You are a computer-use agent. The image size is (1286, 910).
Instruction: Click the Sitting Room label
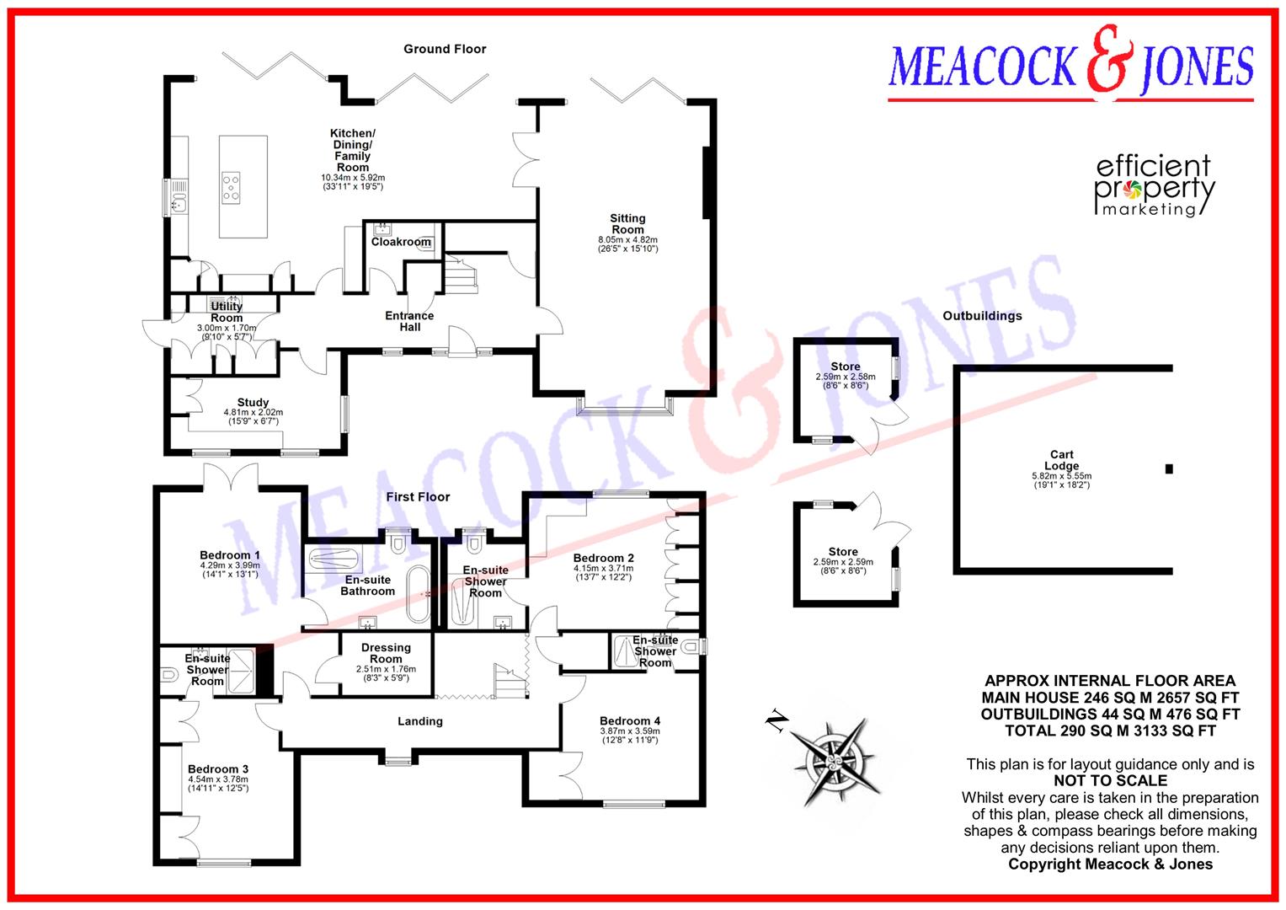[x=627, y=223]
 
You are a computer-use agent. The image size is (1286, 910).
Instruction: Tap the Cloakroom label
[x=401, y=242]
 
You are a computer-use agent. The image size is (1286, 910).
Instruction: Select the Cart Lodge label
[x=1061, y=460]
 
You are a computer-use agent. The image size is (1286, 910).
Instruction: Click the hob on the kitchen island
[x=232, y=188]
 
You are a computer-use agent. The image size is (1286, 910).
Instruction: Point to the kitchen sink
[x=179, y=203]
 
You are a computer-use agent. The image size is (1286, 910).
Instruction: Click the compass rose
[x=835, y=761]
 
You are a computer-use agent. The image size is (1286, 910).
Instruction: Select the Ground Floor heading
[x=445, y=50]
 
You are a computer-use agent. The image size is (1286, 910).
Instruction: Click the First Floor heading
[x=418, y=497]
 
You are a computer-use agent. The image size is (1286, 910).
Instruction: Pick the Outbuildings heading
[x=982, y=316]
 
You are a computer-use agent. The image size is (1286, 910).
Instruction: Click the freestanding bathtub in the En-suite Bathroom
[x=418, y=595]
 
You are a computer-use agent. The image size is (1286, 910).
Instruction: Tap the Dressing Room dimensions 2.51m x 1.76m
[x=386, y=673]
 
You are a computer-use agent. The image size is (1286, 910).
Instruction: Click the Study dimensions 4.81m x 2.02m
[x=253, y=416]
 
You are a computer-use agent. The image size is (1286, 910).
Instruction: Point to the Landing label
[x=420, y=721]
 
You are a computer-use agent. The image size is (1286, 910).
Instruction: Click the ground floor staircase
[x=461, y=275]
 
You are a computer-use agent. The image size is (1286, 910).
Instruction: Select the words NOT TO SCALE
[x=1110, y=781]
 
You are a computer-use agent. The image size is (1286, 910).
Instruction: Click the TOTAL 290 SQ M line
[x=1110, y=731]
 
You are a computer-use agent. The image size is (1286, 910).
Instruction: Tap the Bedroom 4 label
[x=630, y=721]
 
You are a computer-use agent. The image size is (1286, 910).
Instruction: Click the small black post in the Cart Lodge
[x=1169, y=468]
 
